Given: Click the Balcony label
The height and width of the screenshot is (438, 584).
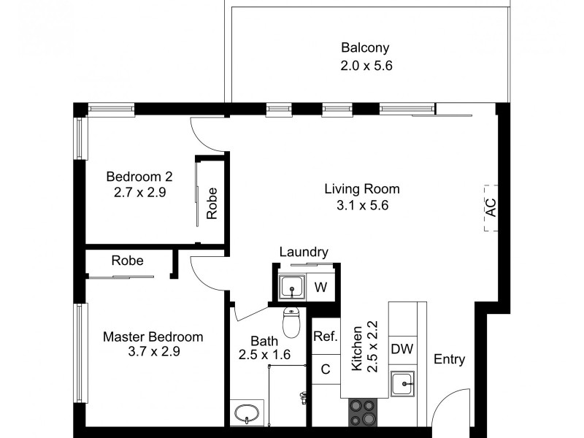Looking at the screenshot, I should pos(365,49).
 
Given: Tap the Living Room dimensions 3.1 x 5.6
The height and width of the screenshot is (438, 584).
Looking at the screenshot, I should pos(362,205).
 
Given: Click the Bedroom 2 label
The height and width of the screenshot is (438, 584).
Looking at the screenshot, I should pos(139,177).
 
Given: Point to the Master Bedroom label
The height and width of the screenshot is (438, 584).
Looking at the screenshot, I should pos(153,337).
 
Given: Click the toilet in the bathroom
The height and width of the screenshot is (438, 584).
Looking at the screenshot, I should pos(291,323).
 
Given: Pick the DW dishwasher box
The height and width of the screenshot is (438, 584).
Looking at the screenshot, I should pos(402,349).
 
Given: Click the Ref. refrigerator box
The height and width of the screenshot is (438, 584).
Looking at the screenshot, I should pos(325,337).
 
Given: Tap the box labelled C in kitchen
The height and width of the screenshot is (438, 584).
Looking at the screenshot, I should pos(326,369).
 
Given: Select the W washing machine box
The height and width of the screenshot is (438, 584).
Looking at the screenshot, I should pos(320,288).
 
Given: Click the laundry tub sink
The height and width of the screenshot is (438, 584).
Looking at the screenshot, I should pos(292,288).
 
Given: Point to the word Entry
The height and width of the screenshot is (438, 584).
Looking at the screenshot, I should pos(449,360).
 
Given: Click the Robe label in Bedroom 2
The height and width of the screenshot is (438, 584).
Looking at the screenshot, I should pos(212,204).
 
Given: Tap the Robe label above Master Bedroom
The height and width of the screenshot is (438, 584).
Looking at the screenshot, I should pos(127,261).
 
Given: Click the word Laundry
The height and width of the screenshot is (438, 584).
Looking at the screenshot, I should pos(303,252).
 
